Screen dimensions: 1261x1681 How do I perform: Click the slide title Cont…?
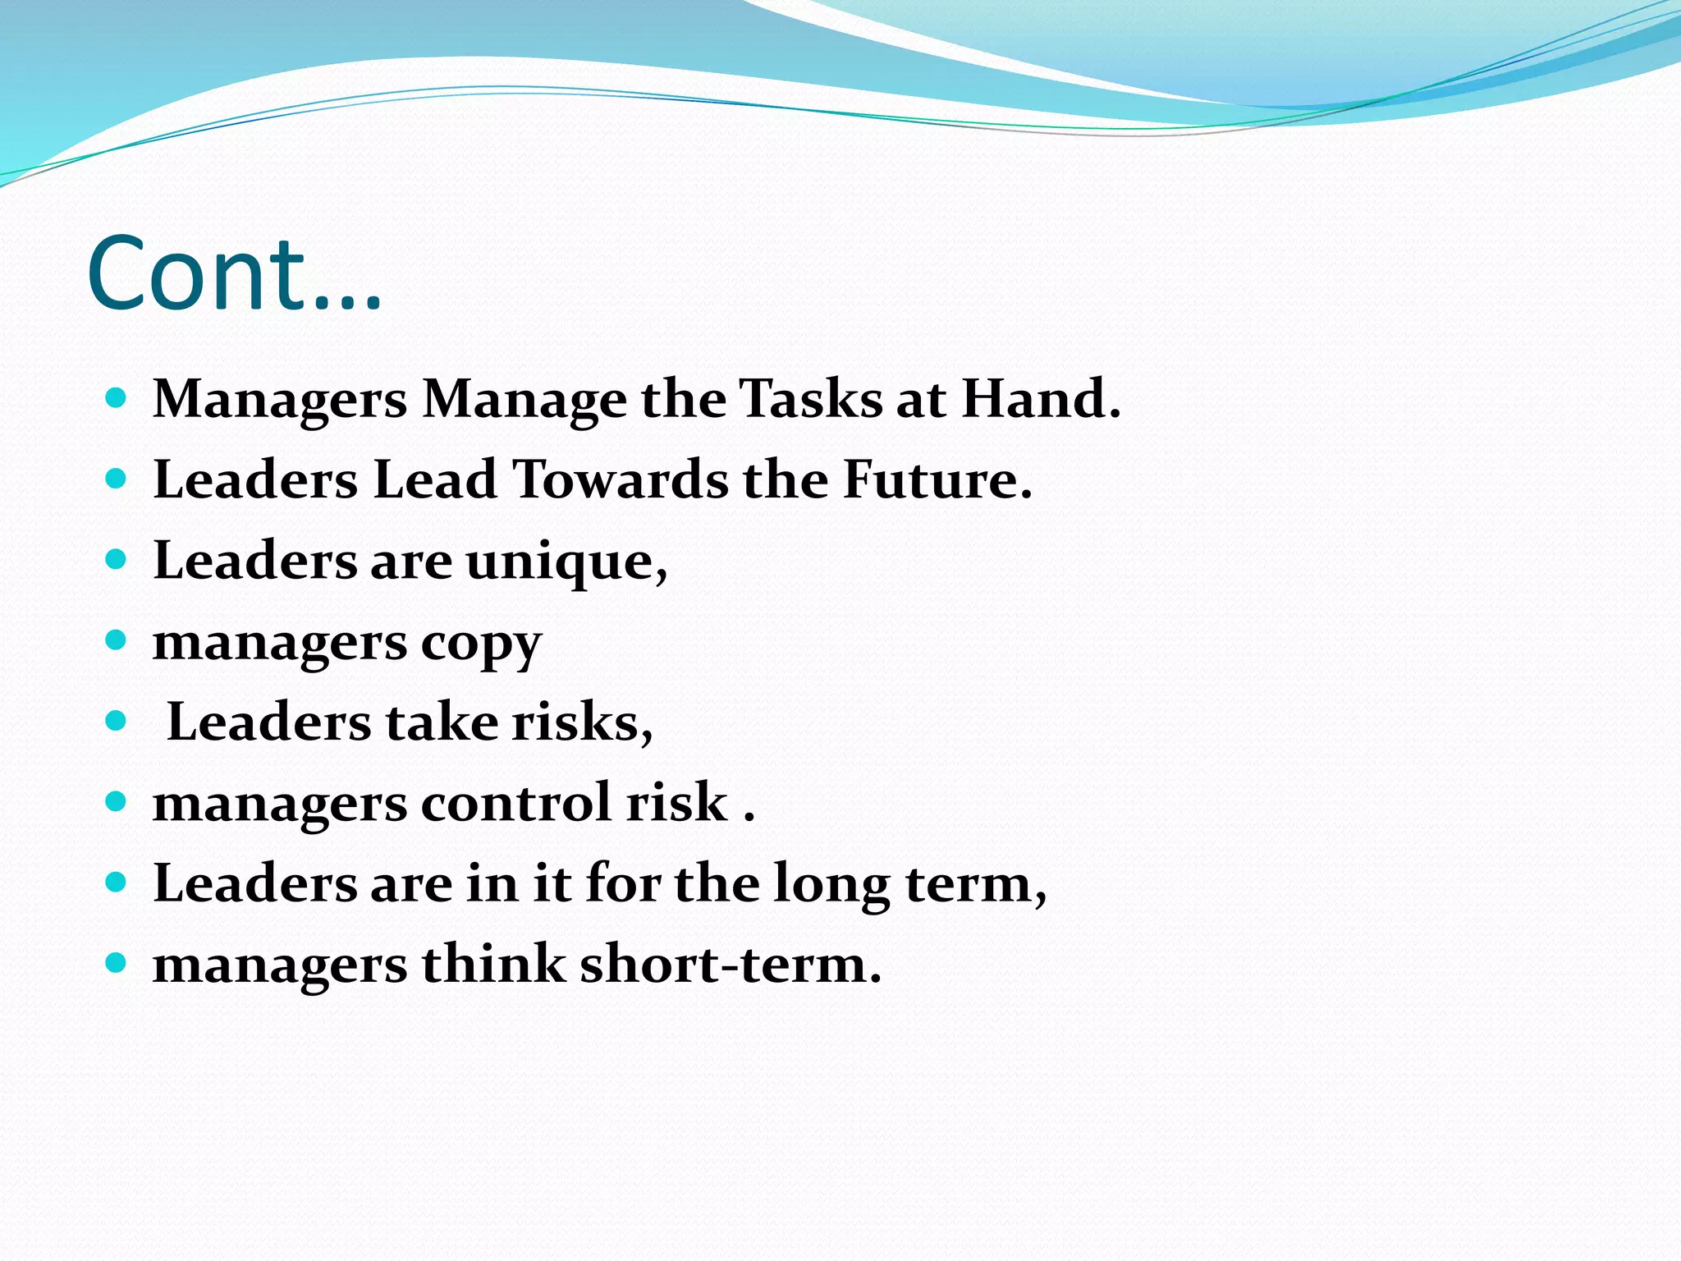click(234, 275)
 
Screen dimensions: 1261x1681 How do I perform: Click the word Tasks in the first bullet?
click(810, 400)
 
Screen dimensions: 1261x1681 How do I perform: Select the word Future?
click(937, 480)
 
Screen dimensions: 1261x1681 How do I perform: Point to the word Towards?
click(621, 480)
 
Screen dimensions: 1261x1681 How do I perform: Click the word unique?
click(566, 562)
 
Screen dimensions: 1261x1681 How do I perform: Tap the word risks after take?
click(582, 723)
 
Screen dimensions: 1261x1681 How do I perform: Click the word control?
click(516, 803)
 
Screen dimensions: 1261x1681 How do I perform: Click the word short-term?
click(730, 965)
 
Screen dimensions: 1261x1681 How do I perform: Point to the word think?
click(493, 965)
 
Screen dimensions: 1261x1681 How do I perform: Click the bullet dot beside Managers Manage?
click(117, 399)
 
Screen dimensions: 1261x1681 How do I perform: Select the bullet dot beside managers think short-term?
click(117, 962)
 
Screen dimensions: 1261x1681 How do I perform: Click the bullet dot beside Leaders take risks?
click(117, 721)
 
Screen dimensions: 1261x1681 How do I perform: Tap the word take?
click(442, 723)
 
